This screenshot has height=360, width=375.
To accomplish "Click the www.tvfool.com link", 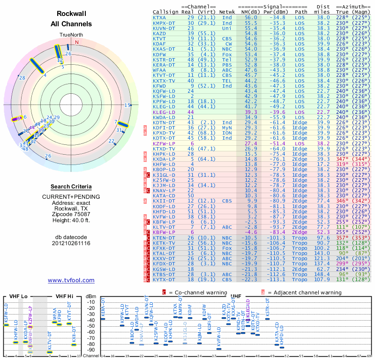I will [71, 280].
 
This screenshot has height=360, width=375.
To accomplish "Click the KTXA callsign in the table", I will [159, 17].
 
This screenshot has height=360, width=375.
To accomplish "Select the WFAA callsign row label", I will [159, 70].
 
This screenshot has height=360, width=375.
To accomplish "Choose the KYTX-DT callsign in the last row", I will [164, 280].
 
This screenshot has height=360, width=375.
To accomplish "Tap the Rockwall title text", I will [71, 14].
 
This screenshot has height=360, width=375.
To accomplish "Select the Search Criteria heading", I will [71, 186].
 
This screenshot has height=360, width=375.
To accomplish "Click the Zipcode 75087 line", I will [71, 213].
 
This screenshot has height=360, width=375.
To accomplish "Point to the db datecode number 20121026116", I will [71, 243].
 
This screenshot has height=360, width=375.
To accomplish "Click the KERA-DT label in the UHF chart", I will [103, 310].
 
